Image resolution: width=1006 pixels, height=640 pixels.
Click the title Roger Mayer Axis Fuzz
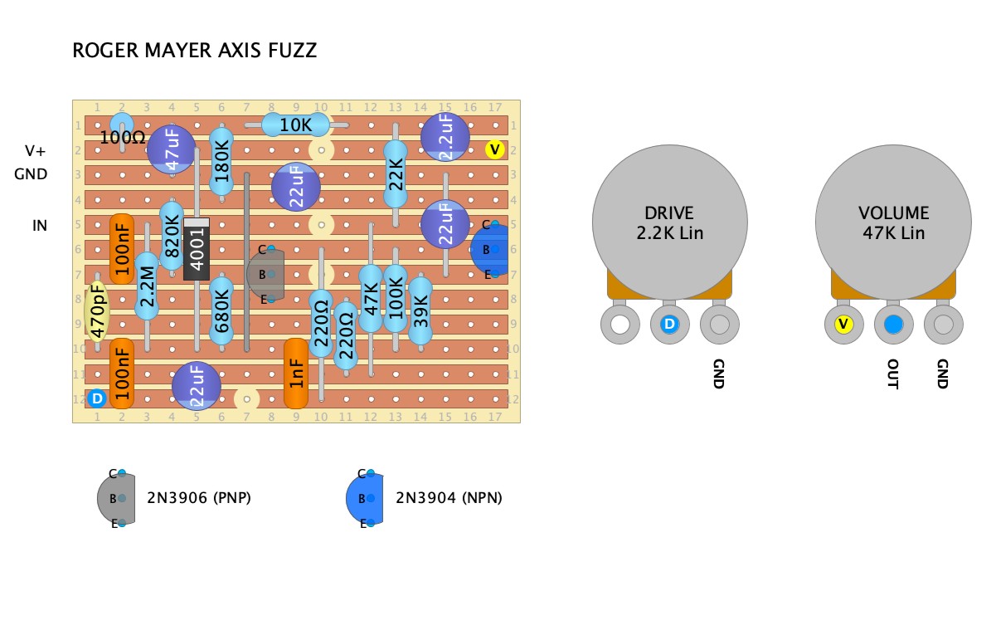pyautogui.click(x=195, y=51)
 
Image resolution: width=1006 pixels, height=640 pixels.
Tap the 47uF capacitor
pyautogui.click(x=172, y=149)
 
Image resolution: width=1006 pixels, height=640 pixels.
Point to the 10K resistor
pyautogui.click(x=295, y=125)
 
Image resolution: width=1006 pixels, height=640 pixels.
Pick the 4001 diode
pyautogui.click(x=197, y=249)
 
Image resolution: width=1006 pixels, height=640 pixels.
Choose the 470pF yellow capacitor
pyautogui.click(x=97, y=312)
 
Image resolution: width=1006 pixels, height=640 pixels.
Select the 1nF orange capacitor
pyautogui.click(x=296, y=374)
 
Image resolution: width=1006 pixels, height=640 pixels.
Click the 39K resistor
pyautogui.click(x=420, y=311)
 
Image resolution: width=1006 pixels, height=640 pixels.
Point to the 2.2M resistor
pyautogui.click(x=147, y=287)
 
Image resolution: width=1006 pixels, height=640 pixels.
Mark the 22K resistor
pyautogui.click(x=396, y=174)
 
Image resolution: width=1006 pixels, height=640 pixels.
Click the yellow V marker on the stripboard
pyautogui.click(x=495, y=149)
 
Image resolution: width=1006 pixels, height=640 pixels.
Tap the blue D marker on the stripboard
pyautogui.click(x=97, y=398)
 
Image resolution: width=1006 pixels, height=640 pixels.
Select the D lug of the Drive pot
pyautogui.click(x=669, y=325)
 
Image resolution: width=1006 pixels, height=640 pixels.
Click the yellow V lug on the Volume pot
pyautogui.click(x=843, y=325)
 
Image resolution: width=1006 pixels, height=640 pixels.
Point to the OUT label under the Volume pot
pyautogui.click(x=892, y=374)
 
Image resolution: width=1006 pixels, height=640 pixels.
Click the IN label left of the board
pyautogui.click(x=40, y=225)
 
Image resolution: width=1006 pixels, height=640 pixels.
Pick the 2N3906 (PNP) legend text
pyautogui.click(x=198, y=498)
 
